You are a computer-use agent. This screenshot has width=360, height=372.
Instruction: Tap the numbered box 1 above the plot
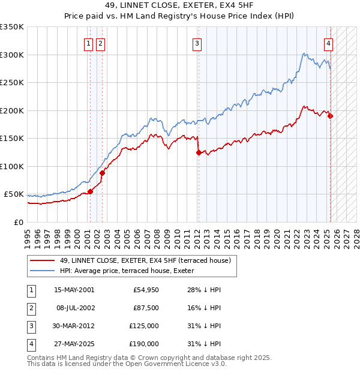[88, 43]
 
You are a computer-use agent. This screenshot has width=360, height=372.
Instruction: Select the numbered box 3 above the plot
[197, 43]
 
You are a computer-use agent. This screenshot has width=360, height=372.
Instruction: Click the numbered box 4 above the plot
[329, 43]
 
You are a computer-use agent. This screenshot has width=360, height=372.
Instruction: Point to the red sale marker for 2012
[198, 153]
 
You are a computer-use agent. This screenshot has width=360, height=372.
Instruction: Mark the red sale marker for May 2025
[331, 116]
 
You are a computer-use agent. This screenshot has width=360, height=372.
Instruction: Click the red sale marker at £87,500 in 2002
[102, 173]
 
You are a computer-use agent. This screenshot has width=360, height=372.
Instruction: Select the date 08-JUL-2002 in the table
[74, 308]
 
